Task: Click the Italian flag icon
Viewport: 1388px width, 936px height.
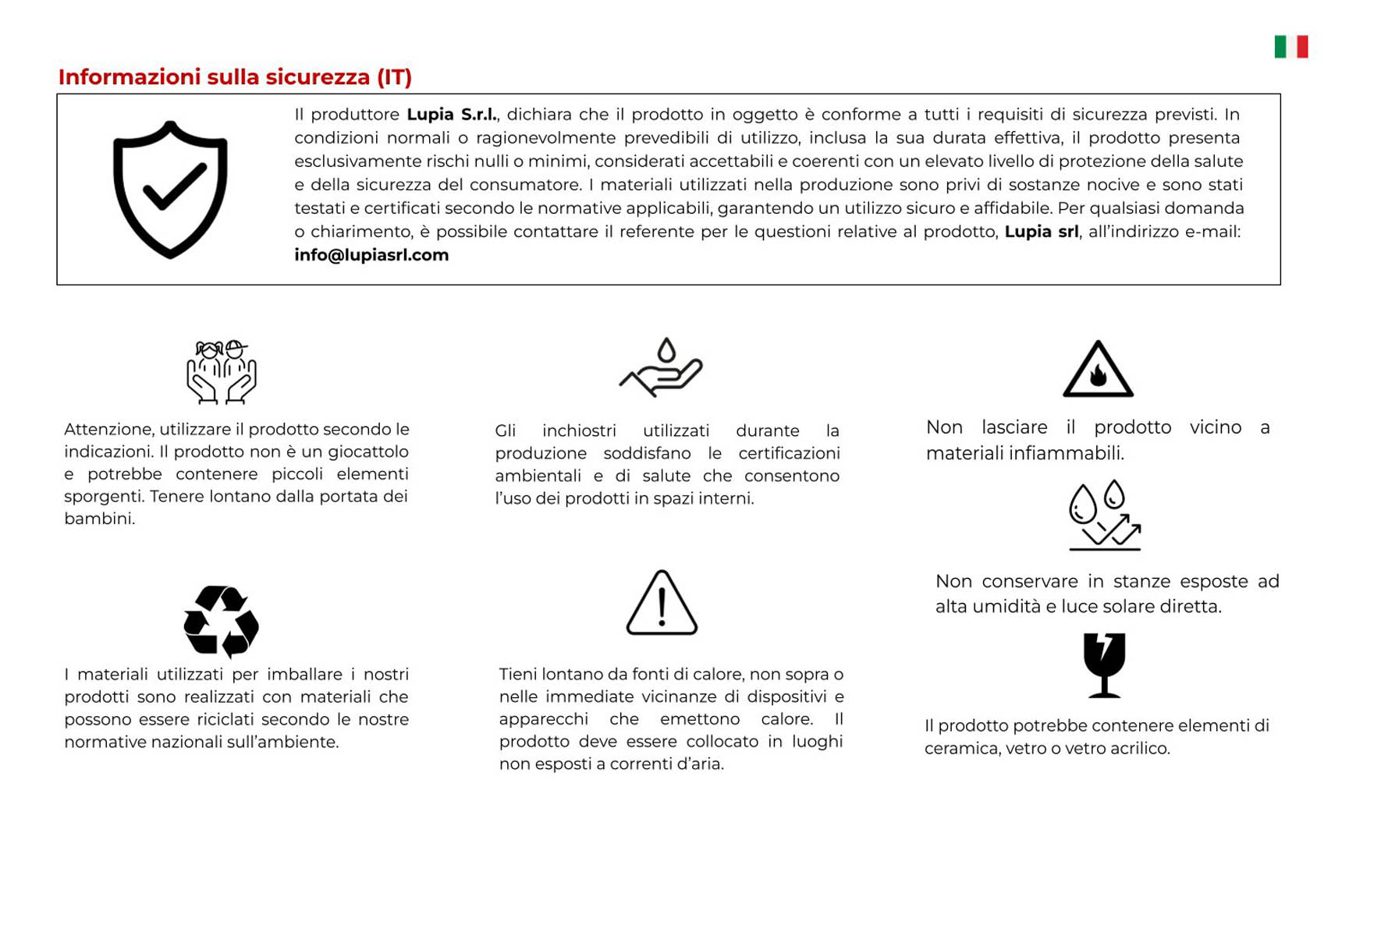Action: (x=1290, y=47)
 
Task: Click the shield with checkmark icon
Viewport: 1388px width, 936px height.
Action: (x=170, y=190)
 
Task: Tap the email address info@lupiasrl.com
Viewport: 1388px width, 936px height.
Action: (x=371, y=255)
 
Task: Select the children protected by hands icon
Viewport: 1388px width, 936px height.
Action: (x=222, y=372)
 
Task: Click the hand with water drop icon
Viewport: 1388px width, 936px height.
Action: (x=662, y=367)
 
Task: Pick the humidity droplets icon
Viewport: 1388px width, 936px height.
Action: (x=1104, y=516)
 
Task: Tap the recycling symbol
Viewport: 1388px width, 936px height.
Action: (x=221, y=622)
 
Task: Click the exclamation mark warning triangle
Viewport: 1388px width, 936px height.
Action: (x=662, y=604)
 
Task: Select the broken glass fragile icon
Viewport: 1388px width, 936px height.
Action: (x=1104, y=665)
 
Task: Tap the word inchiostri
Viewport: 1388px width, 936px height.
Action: (x=579, y=431)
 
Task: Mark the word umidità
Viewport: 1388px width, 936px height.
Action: (x=1007, y=607)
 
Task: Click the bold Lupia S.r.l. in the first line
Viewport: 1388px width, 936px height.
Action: (x=452, y=115)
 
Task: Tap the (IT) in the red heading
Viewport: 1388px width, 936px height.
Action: (x=394, y=77)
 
